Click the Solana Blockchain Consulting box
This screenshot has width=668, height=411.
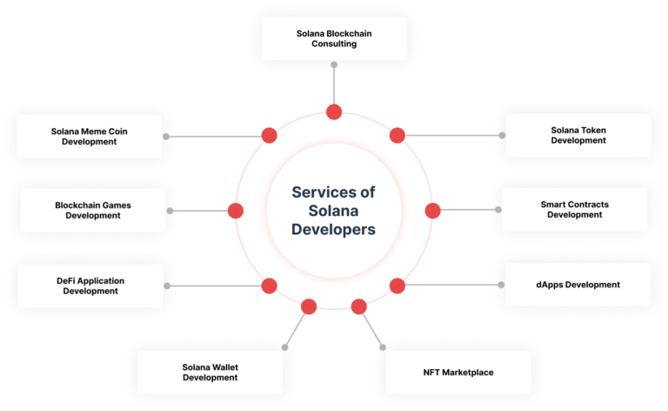pos(334,38)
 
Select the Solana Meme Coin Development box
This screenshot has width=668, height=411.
pos(90,136)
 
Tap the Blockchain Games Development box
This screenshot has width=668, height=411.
pos(91,210)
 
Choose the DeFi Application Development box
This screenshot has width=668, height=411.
pos(90,286)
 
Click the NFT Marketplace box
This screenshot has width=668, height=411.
pos(458,372)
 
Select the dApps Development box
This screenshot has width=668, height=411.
pos(578,285)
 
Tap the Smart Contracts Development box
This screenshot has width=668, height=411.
pos(574,209)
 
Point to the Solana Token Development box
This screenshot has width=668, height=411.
pos(578,135)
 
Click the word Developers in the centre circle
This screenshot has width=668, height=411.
pos(334,230)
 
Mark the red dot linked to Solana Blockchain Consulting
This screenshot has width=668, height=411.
pos(334,111)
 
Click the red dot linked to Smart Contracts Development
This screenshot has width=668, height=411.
pos(433,211)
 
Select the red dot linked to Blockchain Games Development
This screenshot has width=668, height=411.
pos(235,211)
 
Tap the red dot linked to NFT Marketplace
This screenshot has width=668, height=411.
pos(359,306)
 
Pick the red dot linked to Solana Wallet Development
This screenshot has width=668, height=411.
pos(309,306)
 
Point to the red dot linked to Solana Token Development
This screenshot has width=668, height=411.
pos(397,136)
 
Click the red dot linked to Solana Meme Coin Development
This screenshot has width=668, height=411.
pos(270,136)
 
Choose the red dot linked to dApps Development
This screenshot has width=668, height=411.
pos(397,286)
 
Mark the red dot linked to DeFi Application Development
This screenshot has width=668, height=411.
pos(270,286)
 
